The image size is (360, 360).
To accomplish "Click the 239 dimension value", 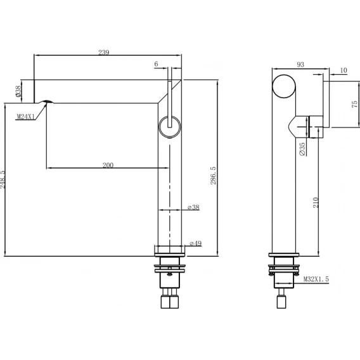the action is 104,53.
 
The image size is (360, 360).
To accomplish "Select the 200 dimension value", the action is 108,165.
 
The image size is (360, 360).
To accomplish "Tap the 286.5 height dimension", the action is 214,176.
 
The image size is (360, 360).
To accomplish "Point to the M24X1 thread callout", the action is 26,117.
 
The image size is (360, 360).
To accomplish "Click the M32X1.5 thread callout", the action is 316,279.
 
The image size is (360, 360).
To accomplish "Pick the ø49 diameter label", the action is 196,243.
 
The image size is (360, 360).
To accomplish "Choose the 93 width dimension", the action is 300,65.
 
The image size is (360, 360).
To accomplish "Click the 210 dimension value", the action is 316,203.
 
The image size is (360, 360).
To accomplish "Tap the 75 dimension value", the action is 354,104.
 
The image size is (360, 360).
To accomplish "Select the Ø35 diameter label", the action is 302,149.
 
